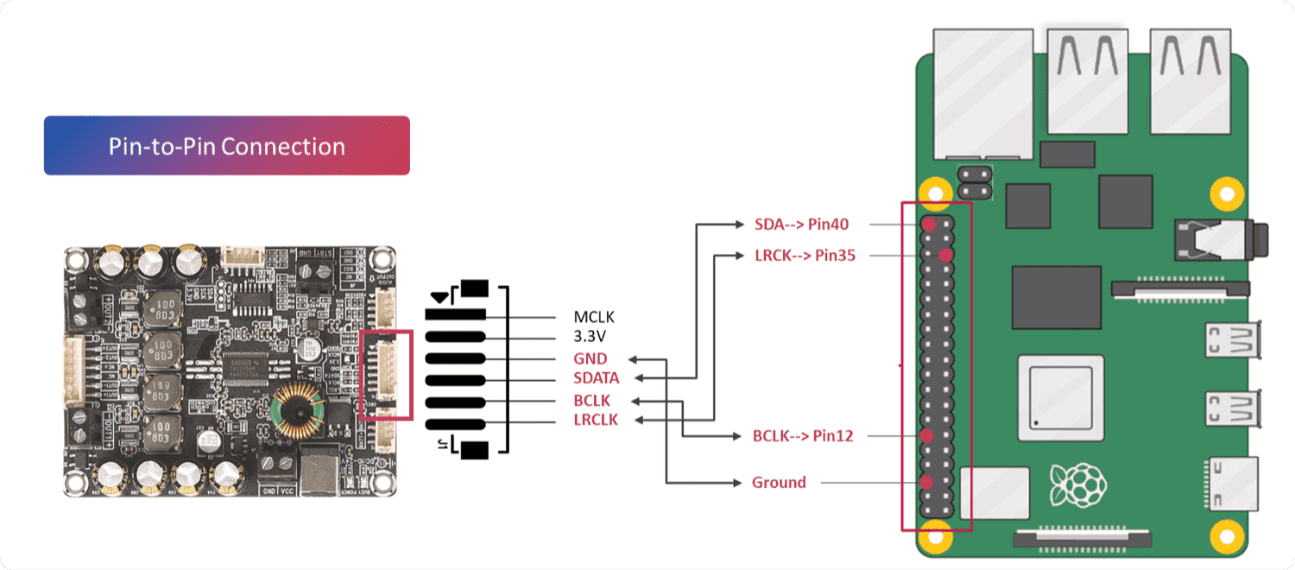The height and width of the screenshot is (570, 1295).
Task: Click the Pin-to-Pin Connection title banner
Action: pos(226,146)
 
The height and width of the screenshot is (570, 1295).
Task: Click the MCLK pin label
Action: pos(594,317)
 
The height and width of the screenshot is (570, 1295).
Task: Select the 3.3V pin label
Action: pos(591,338)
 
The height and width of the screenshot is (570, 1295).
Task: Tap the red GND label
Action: pos(591,358)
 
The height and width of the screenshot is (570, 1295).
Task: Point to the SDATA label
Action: pos(597,378)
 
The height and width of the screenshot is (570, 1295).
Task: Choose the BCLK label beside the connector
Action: pos(591,401)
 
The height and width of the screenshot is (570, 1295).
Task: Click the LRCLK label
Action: pos(596,421)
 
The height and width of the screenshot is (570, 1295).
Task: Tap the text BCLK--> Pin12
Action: pos(803,436)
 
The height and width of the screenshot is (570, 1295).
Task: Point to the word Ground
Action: pos(779,483)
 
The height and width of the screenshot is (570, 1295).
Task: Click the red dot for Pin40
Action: pos(928,225)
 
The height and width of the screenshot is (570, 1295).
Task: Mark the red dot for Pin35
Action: pos(946,256)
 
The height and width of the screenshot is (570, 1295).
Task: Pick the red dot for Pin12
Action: pos(927,436)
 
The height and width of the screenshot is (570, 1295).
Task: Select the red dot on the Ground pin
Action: pos(927,482)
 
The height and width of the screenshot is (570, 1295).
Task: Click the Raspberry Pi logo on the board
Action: pos(1077,485)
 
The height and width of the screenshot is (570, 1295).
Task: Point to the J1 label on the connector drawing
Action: pos(442,446)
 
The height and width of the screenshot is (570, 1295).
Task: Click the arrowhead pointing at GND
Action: pos(633,358)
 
